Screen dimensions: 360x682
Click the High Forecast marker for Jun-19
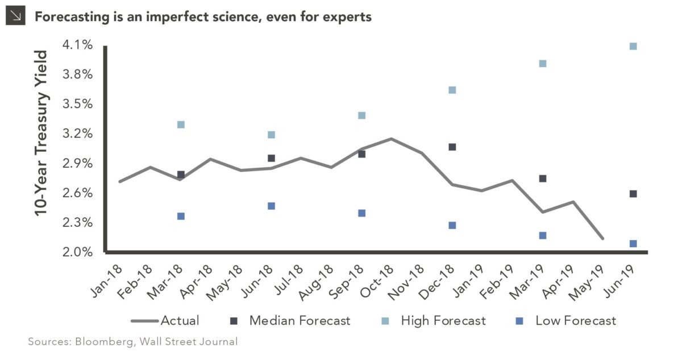[633, 47]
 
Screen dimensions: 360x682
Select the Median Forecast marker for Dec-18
[452, 147]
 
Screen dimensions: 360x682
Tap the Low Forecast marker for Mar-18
[181, 216]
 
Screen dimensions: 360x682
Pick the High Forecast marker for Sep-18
[361, 115]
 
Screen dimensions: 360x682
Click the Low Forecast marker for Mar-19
[543, 235]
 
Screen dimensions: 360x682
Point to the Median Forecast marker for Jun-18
[271, 158]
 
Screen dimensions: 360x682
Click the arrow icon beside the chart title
[15, 17]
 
